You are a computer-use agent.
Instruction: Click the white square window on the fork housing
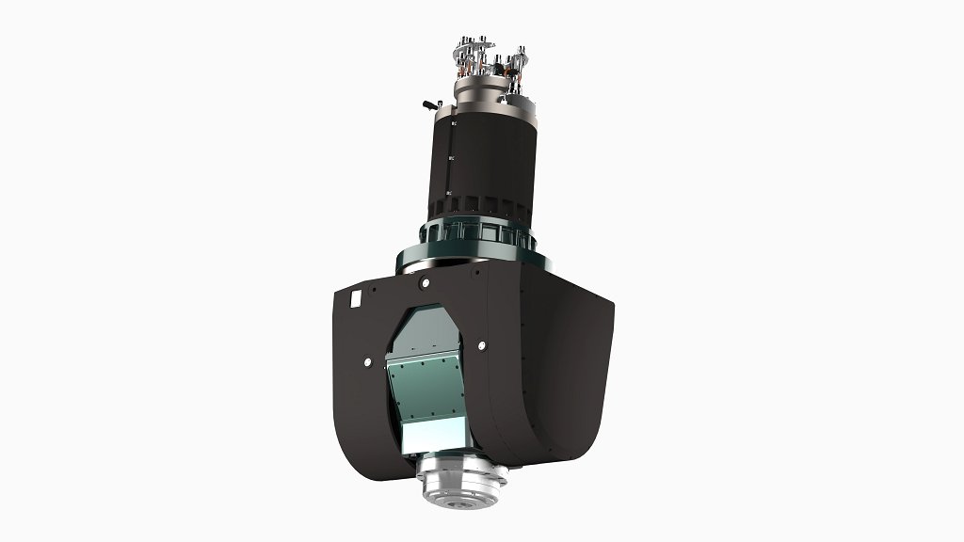(356, 297)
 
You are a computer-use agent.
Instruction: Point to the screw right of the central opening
(480, 343)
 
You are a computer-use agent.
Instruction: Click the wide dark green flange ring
(471, 252)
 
